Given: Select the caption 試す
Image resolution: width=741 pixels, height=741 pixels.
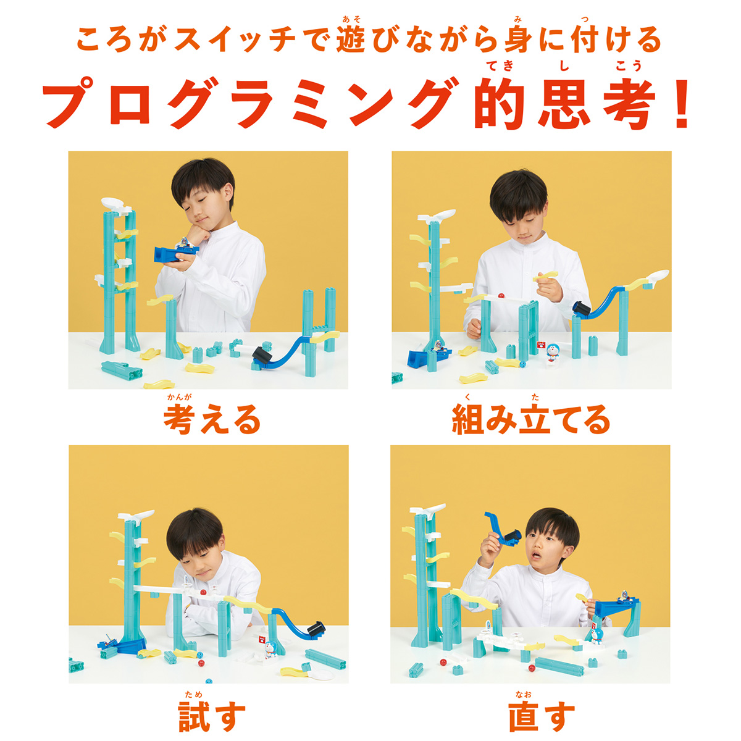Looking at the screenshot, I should tap(212, 715).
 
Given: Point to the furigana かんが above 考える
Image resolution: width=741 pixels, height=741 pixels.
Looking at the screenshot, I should tap(179, 398).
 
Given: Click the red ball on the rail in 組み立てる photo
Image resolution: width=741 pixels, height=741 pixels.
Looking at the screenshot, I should tap(502, 297).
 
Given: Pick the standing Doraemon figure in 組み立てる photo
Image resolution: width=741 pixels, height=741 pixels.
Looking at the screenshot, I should tap(553, 353).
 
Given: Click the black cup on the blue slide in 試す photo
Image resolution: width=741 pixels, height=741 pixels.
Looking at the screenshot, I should tap(316, 628).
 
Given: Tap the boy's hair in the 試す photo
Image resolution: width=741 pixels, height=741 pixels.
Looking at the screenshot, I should tap(195, 531).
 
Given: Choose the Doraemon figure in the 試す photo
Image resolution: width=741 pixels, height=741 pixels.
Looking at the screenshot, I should tap(269, 648).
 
